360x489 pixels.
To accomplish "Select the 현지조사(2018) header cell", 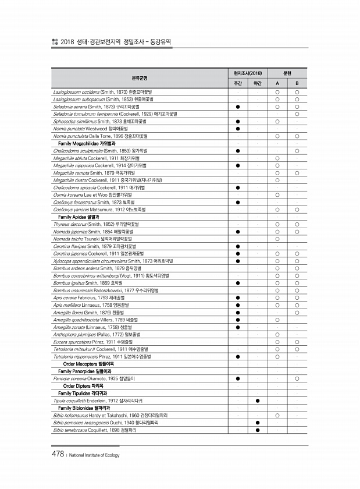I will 247,73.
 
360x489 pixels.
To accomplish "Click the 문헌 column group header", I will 287,73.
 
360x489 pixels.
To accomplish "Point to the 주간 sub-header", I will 238,83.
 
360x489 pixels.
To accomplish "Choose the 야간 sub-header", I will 257,83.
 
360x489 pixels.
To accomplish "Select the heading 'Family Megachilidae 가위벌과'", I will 87,143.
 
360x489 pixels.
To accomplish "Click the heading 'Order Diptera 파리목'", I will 83,385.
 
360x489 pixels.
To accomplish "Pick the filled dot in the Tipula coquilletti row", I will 257,401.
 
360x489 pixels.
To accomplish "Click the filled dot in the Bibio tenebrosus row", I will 257,430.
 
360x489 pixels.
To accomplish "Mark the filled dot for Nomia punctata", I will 238,129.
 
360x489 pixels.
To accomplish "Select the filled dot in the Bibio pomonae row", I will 257,423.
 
